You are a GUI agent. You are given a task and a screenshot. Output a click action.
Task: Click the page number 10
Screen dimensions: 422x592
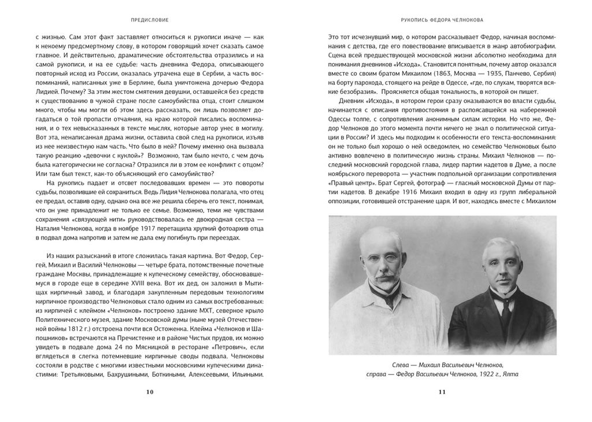[x=150, y=392]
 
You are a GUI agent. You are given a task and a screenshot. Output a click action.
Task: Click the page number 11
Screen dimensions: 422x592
[x=442, y=392]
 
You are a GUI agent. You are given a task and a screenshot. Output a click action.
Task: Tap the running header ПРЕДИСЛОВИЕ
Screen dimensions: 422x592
[x=150, y=18]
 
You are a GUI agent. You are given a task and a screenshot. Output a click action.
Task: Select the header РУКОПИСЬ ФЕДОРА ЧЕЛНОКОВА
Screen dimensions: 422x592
[x=442, y=18]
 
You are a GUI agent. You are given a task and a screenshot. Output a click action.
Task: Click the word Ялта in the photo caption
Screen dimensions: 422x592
[x=510, y=374]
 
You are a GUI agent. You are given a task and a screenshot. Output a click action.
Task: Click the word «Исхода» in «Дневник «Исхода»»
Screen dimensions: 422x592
[x=372, y=118]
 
